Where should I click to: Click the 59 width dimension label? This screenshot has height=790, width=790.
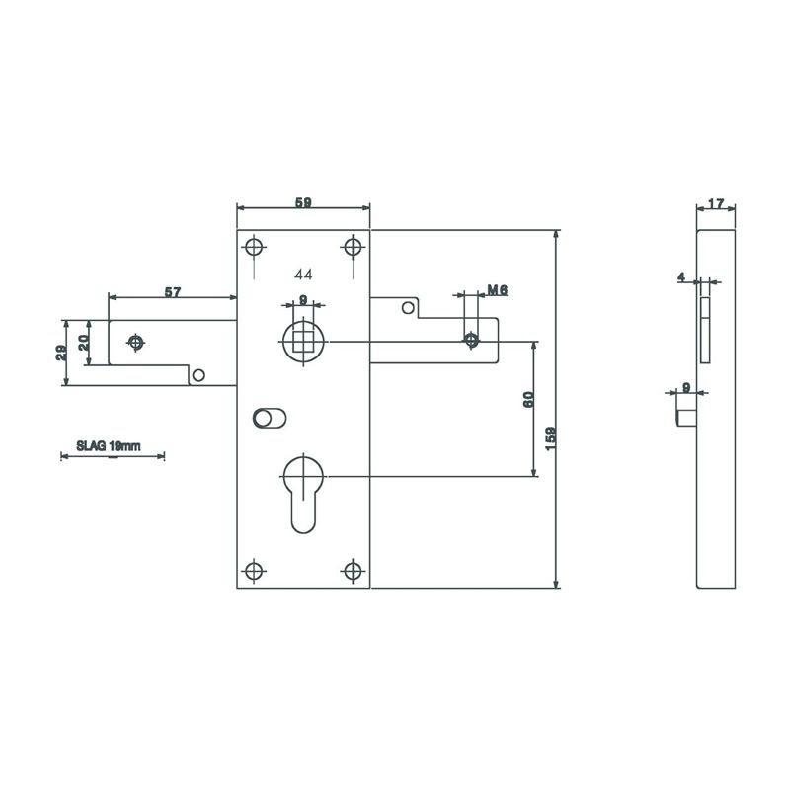(303, 202)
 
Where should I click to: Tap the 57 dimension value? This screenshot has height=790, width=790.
(173, 292)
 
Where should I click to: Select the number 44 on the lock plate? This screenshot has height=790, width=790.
(303, 275)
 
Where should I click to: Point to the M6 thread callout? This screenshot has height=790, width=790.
(498, 290)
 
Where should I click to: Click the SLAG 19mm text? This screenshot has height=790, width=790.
(109, 446)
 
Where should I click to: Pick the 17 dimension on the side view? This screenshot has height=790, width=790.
(716, 204)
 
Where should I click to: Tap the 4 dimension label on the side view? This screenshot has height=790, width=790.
(681, 276)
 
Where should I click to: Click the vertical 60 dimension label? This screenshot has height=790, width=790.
(528, 400)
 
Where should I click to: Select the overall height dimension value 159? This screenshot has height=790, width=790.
(551, 438)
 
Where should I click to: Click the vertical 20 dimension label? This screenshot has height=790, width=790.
(84, 343)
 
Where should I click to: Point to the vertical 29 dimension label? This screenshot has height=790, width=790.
(61, 353)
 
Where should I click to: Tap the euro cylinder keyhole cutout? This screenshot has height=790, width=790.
(303, 494)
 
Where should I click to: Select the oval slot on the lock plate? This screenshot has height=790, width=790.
(270, 418)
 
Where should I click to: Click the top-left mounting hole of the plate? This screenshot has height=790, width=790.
(254, 248)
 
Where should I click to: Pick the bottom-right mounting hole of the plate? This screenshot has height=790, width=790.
(353, 571)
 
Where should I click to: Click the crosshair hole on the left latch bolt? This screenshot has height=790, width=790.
(135, 343)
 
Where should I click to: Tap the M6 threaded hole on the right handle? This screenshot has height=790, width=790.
(472, 340)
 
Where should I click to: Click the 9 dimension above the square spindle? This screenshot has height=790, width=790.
(303, 300)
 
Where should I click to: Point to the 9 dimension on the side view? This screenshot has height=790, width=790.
(686, 387)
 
